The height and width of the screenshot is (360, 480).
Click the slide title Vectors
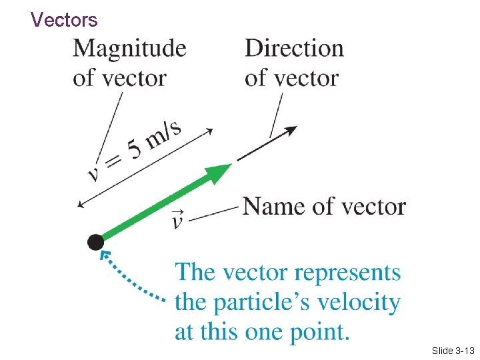[64, 20]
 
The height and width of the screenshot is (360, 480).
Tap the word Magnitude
[129, 49]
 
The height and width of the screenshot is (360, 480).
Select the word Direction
[294, 49]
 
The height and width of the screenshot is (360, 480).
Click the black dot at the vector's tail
[95, 242]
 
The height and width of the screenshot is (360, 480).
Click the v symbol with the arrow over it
[178, 218]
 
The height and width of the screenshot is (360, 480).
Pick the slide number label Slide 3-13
[452, 350]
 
